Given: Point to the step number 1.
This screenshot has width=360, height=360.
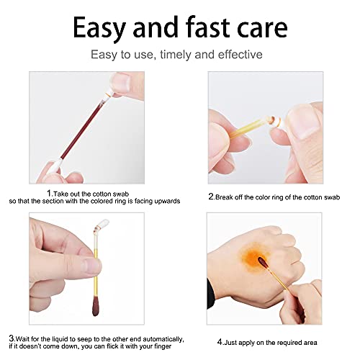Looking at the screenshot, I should pyautogui.click(x=48, y=193).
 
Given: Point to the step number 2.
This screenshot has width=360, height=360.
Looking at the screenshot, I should pyautogui.click(x=210, y=195).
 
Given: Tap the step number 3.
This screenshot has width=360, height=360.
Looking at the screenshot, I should pyautogui.click(x=12, y=338).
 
